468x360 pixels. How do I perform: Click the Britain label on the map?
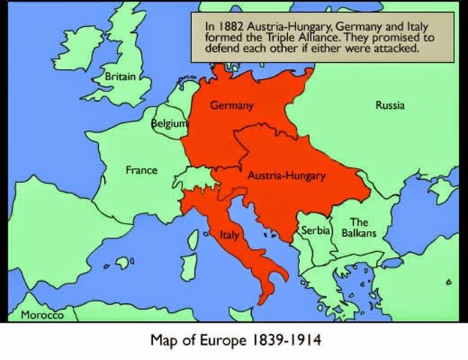(120, 76)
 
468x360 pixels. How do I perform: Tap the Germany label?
(231, 106)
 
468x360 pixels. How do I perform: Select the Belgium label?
(169, 122)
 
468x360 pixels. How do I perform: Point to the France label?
(141, 170)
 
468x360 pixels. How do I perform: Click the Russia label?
(390, 106)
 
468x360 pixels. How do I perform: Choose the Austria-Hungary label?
(286, 175)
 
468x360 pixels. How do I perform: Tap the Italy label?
(229, 235)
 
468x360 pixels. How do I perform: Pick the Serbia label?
(316, 230)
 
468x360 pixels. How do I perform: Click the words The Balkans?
(359, 228)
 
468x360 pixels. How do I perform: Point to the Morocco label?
(43, 315)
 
